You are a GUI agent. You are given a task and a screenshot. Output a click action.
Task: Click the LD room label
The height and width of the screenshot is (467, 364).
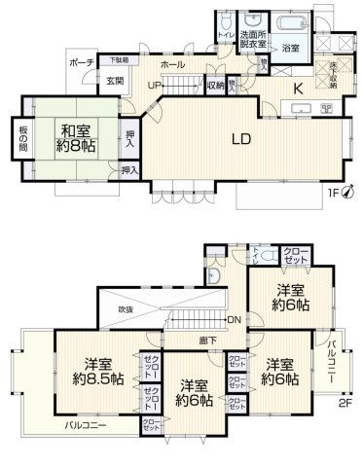pyautogui.click(x=241, y=139)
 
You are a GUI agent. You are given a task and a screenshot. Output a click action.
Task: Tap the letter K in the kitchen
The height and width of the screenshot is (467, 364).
pyautogui.click(x=300, y=87)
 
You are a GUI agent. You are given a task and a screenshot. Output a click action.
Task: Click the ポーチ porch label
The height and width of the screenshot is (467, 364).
pyautogui.click(x=81, y=62)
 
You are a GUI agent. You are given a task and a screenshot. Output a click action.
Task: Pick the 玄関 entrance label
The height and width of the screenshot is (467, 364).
pyautogui.click(x=114, y=79)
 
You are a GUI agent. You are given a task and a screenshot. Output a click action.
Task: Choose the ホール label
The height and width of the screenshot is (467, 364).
pyautogui.click(x=172, y=63)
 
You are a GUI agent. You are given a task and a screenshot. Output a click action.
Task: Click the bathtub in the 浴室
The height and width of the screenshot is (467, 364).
pyautogui.click(x=291, y=23)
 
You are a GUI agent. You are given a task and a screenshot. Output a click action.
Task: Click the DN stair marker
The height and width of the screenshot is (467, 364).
pyautogui.click(x=234, y=319)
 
